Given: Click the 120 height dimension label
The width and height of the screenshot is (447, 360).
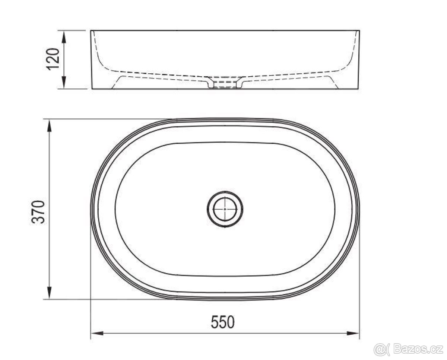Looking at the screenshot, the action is (53, 59).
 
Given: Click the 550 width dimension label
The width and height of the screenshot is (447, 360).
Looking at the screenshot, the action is (223, 322).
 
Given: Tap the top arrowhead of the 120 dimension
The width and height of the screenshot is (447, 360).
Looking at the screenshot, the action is (64, 37).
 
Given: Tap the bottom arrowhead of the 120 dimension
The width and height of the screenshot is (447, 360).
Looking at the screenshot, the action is (64, 82).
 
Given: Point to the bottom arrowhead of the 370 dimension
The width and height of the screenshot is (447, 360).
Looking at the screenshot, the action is (49, 292).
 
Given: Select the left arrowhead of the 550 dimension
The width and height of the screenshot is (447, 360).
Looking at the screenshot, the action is (97, 334).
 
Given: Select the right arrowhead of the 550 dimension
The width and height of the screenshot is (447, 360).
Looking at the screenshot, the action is (354, 334).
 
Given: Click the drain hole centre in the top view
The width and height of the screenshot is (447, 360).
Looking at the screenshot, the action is (225, 209).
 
